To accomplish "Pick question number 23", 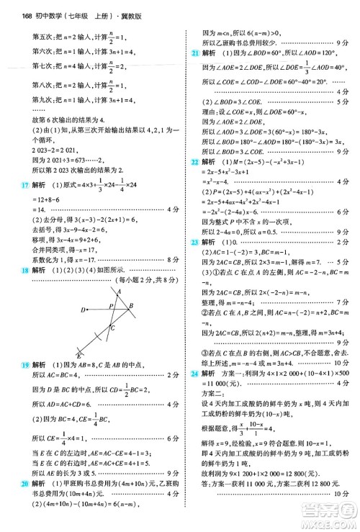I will (195, 264).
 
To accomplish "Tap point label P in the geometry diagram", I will (112, 305).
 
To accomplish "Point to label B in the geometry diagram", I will (130, 306).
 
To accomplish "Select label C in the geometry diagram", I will (112, 328).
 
